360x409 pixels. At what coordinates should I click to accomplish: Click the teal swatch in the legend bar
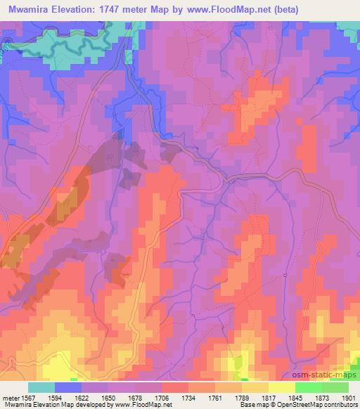(x=41, y=387)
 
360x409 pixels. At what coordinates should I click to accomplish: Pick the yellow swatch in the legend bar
(x=281, y=387)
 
